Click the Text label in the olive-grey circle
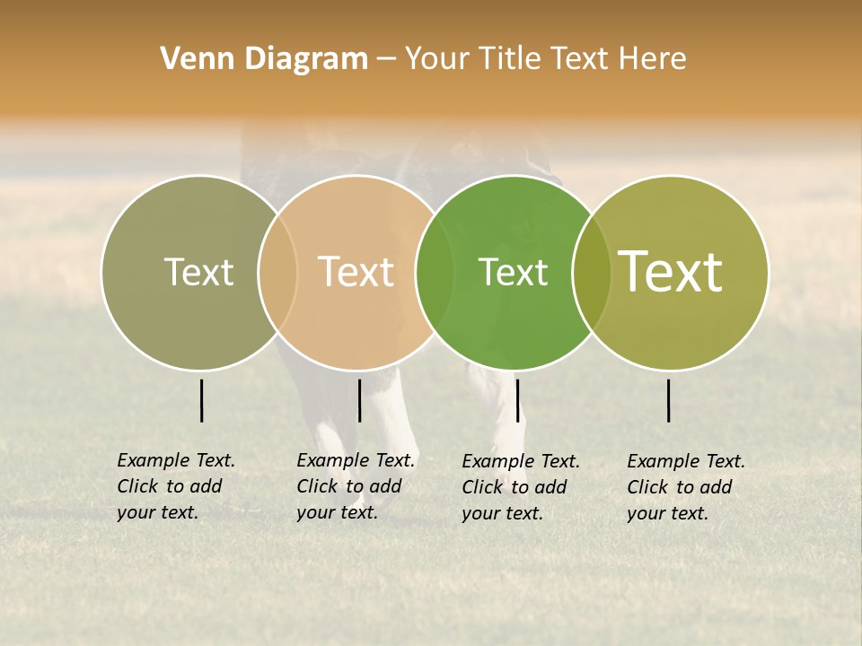coord(198,272)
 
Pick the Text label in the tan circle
coord(356,272)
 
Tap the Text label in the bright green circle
coord(513,272)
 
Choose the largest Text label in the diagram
coord(671,272)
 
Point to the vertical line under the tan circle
coord(359,400)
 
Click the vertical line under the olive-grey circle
coord(201,400)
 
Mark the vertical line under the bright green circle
coord(517,400)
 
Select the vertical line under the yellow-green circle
coord(669,400)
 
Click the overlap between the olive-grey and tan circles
coord(277,272)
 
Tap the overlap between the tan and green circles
coord(435,272)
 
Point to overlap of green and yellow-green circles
coord(592,272)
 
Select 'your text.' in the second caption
coord(337,512)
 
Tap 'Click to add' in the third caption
coord(515,487)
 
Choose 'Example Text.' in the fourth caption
coord(686,461)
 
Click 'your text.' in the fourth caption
coord(667,513)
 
